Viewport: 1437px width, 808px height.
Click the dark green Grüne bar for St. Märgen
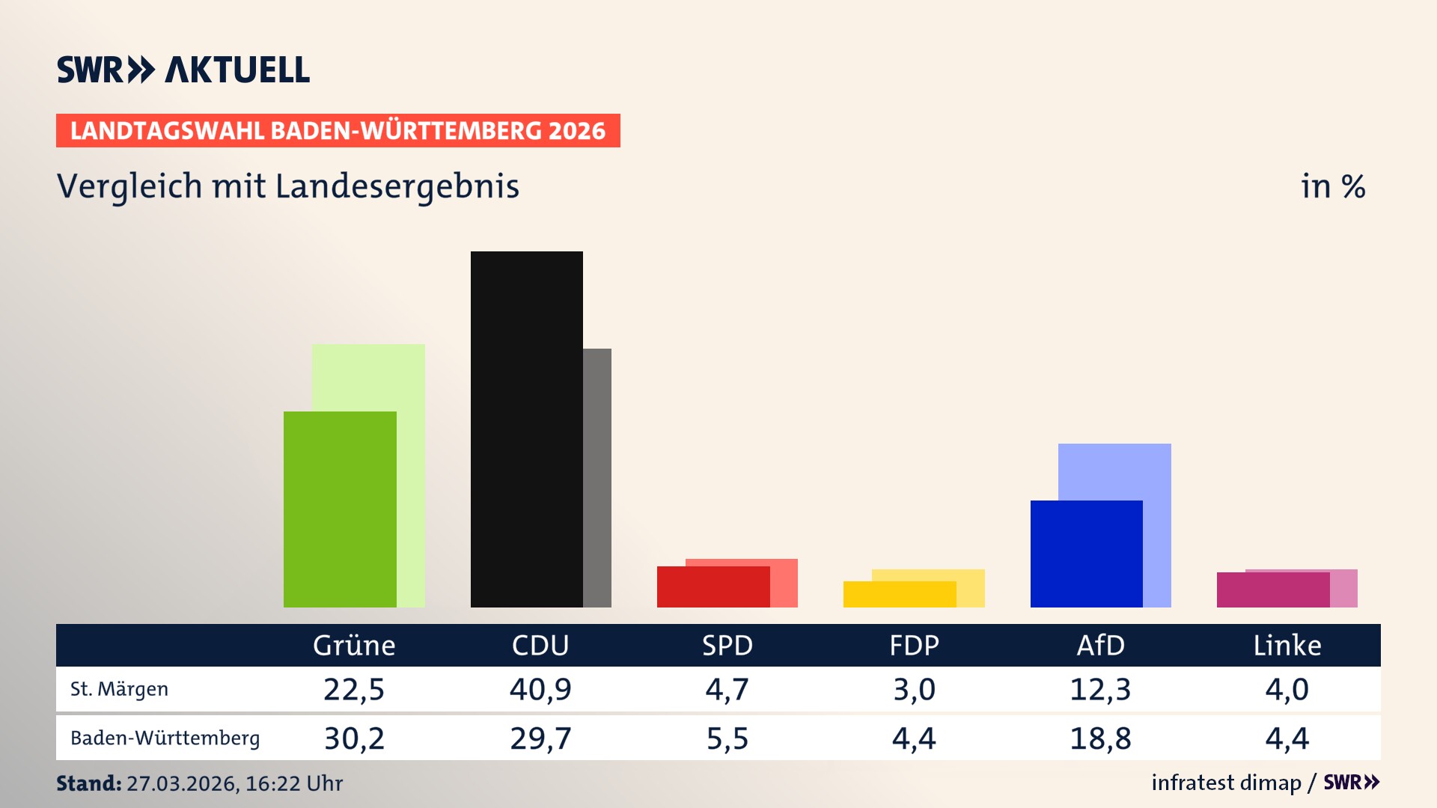pyautogui.click(x=340, y=509)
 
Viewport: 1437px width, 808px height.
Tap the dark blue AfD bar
pyautogui.click(x=1086, y=554)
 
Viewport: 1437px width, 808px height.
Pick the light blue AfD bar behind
pyautogui.click(x=1115, y=471)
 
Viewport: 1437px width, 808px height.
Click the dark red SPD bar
pyautogui.click(x=713, y=587)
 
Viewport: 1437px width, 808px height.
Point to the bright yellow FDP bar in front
pyautogui.click(x=899, y=594)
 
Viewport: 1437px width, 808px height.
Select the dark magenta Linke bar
pyautogui.click(x=1272, y=590)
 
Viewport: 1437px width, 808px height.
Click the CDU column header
pyautogui.click(x=540, y=645)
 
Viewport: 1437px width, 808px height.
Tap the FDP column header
pyautogui.click(x=914, y=645)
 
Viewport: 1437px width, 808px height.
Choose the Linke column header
pyautogui.click(x=1287, y=645)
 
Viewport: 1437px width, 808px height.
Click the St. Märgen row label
pyautogui.click(x=119, y=689)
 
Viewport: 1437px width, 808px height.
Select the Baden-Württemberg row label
pyautogui.click(x=165, y=738)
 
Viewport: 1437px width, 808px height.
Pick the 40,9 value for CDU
pyautogui.click(x=540, y=689)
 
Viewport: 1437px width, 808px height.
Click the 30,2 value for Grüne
pyautogui.click(x=354, y=738)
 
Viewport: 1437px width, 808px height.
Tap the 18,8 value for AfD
pyautogui.click(x=1100, y=738)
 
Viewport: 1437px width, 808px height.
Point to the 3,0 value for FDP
pyautogui.click(x=914, y=689)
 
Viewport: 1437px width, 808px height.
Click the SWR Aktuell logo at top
pyautogui.click(x=183, y=70)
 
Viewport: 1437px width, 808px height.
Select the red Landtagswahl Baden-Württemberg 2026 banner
pyautogui.click(x=338, y=131)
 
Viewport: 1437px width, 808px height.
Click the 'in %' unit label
pyautogui.click(x=1333, y=186)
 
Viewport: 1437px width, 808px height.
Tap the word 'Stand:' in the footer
pyautogui.click(x=88, y=783)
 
